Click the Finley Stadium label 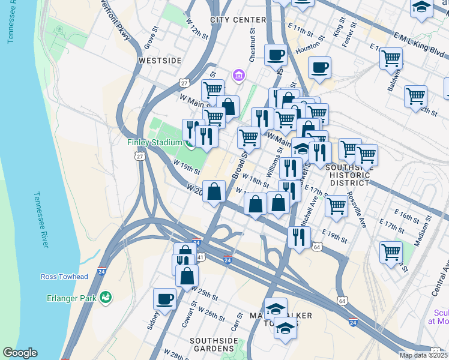coord(154,142)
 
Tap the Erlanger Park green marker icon coord(106,296)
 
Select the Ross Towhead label coord(64,277)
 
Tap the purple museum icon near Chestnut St coord(239,75)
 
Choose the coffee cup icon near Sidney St coord(164,298)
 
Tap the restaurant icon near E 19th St coord(298,236)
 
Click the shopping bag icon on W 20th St coord(214,191)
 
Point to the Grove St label coord(150,37)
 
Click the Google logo coord(20,353)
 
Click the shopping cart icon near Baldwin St coord(391,58)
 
